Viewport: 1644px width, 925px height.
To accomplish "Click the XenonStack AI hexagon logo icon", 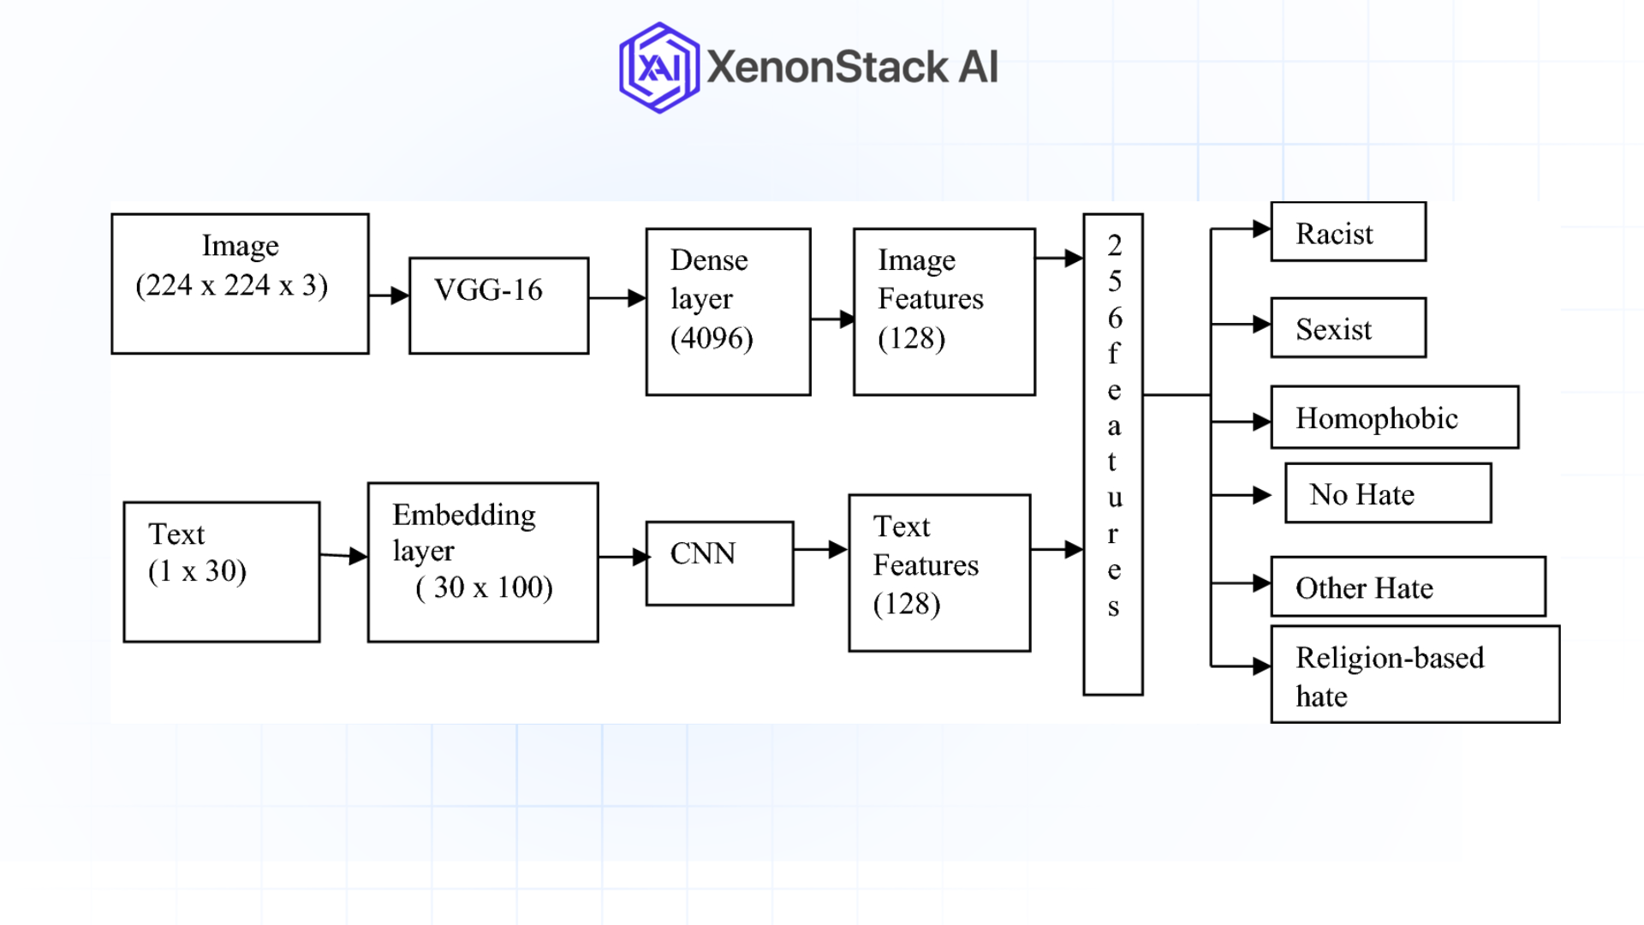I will point(658,68).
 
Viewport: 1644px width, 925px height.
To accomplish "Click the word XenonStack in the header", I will point(827,68).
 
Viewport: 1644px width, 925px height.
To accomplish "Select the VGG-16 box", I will point(498,305).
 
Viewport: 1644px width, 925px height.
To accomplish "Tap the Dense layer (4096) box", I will point(728,311).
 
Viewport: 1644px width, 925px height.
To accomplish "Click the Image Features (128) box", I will point(944,311).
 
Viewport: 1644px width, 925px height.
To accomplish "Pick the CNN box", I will point(719,563).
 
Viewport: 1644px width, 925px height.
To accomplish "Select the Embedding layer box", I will point(482,562).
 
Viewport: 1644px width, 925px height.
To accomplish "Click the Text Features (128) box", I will point(939,572).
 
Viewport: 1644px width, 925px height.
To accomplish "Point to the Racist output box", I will point(1348,232).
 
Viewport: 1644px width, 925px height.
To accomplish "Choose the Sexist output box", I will point(1348,327).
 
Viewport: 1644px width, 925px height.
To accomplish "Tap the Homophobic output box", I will point(1394,417).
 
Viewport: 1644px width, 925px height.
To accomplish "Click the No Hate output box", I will point(1387,493).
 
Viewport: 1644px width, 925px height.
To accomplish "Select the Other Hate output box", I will point(1408,587).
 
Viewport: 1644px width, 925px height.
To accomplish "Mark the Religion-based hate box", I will point(1415,675).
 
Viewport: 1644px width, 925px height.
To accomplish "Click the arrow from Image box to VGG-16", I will point(390,295).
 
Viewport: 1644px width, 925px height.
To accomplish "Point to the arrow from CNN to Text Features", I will point(820,550).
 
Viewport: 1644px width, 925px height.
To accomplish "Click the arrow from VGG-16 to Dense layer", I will point(616,298).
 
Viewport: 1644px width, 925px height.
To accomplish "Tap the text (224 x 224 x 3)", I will point(231,285).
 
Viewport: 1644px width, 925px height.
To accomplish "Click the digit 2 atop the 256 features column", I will point(1114,245).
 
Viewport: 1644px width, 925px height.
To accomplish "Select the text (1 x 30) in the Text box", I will point(197,570).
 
